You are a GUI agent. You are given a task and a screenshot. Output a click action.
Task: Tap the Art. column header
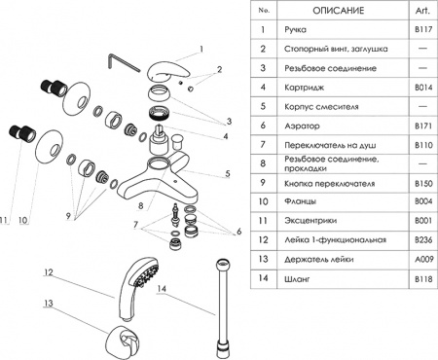pyautogui.click(x=421, y=11)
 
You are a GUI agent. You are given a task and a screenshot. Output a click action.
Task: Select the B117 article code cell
pyautogui.click(x=421, y=31)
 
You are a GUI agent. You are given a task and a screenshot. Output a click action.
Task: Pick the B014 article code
pyautogui.click(x=421, y=88)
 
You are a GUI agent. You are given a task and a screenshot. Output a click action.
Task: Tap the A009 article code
pyautogui.click(x=421, y=259)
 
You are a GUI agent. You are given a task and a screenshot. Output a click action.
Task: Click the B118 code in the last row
pyautogui.click(x=421, y=278)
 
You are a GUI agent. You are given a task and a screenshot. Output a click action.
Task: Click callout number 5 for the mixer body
pyautogui.click(x=228, y=174)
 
